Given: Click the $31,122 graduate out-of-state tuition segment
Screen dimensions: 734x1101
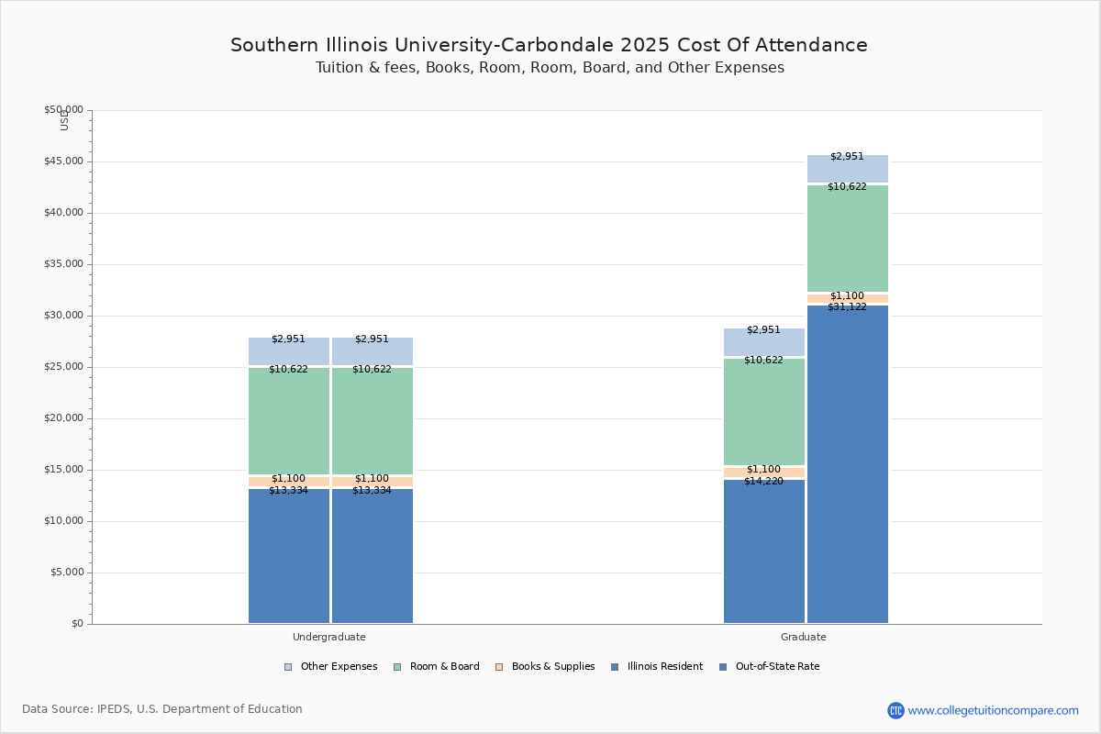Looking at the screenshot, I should [848, 463].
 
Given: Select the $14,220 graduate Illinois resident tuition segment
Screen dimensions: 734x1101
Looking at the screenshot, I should [764, 550].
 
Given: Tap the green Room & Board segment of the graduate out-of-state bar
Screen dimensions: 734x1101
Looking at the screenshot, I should [848, 239].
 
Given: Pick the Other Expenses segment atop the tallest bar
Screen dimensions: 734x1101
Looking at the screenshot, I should [848, 169].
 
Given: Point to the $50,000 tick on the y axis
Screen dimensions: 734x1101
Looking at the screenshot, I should [63, 110].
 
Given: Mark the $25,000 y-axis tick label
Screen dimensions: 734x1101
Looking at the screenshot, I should [63, 367].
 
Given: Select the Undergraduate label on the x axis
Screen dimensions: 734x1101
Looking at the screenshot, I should [329, 637].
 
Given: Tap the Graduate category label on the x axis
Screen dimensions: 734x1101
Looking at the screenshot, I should [804, 637].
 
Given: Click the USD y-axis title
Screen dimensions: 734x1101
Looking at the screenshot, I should [64, 119].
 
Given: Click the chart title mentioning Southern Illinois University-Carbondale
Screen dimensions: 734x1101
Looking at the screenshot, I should [549, 45].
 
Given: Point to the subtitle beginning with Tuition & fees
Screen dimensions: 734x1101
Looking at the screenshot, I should [550, 68].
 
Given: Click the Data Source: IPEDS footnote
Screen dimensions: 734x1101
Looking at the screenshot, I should [162, 709].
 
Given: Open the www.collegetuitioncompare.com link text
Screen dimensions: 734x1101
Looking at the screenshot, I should [993, 710].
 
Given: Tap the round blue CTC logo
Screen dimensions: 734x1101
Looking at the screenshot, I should [895, 710].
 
